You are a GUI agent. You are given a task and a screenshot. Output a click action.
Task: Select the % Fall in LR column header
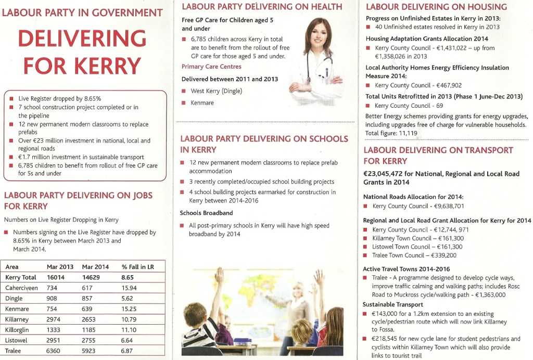click(138, 267)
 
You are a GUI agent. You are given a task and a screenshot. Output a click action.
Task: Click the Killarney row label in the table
click(18, 319)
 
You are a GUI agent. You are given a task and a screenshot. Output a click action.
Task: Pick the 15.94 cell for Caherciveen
click(129, 288)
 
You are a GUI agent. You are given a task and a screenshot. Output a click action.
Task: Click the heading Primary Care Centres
click(211, 67)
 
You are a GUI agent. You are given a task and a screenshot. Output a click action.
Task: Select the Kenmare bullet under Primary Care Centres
click(202, 103)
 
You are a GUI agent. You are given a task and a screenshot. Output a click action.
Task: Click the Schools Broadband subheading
click(206, 213)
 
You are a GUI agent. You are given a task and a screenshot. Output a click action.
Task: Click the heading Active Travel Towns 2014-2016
click(406, 269)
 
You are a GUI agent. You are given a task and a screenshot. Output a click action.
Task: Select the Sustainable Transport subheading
click(393, 304)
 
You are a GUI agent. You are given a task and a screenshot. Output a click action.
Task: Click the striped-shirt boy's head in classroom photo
click(196, 314)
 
